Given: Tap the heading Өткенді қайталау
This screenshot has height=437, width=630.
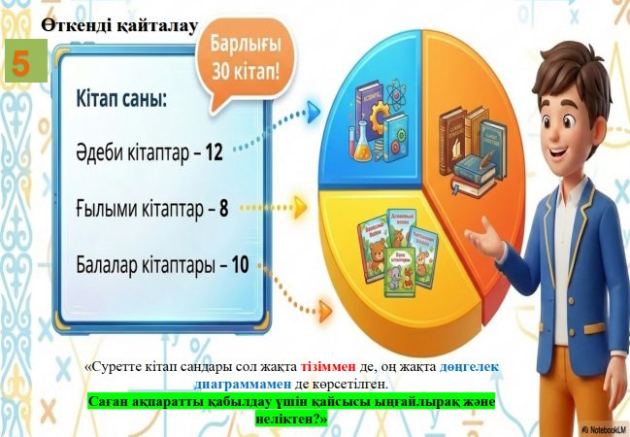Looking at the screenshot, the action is pyautogui.click(x=119, y=25).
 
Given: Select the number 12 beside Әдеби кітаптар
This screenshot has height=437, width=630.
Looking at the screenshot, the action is pyautogui.click(x=214, y=152).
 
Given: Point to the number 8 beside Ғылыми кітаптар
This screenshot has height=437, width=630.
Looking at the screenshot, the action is pyautogui.click(x=223, y=209).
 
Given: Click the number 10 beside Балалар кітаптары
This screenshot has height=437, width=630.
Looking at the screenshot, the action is pyautogui.click(x=240, y=265).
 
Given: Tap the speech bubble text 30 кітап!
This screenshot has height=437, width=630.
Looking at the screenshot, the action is pyautogui.click(x=246, y=72).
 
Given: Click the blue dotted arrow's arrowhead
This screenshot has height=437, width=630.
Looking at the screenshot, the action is pyautogui.click(x=314, y=112).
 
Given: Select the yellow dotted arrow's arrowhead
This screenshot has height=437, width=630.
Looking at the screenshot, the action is pyautogui.click(x=300, y=208).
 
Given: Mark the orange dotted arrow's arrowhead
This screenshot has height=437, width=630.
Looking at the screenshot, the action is pyautogui.click(x=325, y=311).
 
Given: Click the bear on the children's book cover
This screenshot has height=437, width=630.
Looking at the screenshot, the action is pyautogui.click(x=376, y=255).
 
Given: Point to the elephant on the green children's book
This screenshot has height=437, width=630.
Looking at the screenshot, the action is pyautogui.click(x=393, y=277).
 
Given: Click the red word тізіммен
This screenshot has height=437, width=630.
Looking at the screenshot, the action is pyautogui.click(x=328, y=367).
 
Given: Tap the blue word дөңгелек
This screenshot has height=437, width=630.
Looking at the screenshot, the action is pyautogui.click(x=469, y=367).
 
